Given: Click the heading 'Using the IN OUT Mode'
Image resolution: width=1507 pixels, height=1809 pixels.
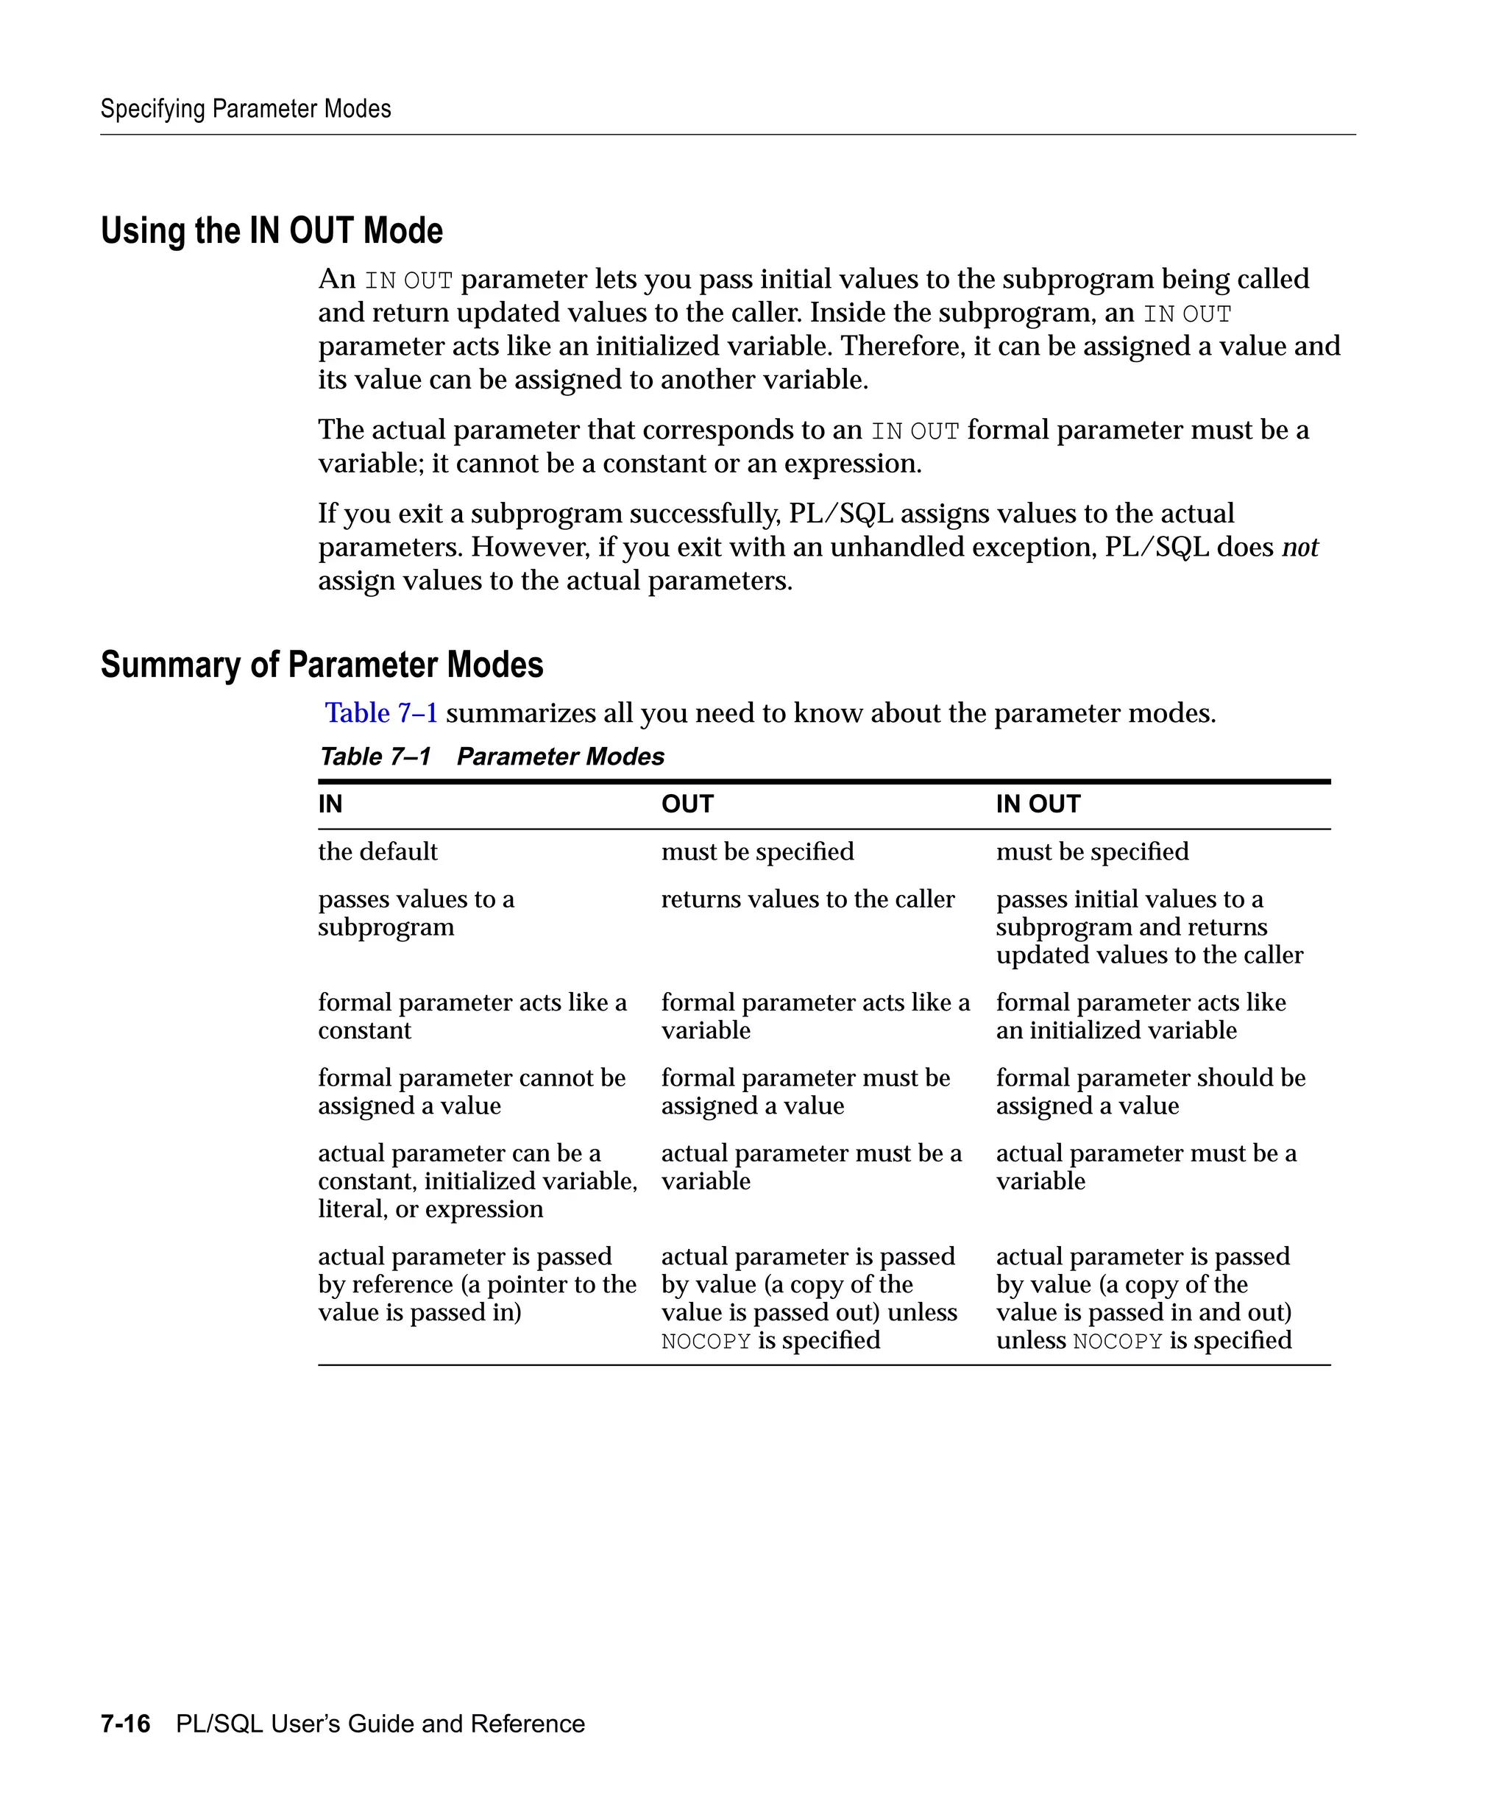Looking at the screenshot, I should [x=272, y=231].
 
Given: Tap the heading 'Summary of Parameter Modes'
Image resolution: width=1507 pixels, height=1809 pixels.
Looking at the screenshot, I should [x=322, y=665].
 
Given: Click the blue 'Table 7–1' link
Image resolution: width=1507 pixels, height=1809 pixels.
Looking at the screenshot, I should [x=380, y=713].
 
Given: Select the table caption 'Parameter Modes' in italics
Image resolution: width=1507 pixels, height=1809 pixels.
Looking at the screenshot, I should [x=560, y=757].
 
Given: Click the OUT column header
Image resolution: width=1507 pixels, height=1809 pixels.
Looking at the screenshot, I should [x=687, y=804].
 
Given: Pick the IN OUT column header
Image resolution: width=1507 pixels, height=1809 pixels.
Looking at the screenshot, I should [x=1038, y=804].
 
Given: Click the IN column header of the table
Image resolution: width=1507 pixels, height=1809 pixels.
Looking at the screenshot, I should [x=330, y=804].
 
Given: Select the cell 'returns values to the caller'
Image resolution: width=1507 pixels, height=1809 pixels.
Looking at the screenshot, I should [x=807, y=899].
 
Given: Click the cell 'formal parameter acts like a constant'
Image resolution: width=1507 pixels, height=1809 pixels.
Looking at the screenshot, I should [x=471, y=1016].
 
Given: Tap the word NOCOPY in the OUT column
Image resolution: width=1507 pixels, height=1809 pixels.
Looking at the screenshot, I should [x=706, y=1341].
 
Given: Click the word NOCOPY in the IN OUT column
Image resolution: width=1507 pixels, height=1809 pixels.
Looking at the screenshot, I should [x=1117, y=1341].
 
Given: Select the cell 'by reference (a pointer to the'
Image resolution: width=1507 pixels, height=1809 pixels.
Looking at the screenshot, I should [x=476, y=1284].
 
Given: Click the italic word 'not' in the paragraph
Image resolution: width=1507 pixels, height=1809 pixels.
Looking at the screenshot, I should [x=1299, y=547].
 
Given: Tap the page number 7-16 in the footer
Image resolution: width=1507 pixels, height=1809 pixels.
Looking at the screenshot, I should [x=125, y=1724].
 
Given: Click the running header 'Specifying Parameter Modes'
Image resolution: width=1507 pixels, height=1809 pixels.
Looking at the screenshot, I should [x=246, y=110].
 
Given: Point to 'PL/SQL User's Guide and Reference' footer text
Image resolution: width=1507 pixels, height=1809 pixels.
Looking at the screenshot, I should [x=380, y=1724].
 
